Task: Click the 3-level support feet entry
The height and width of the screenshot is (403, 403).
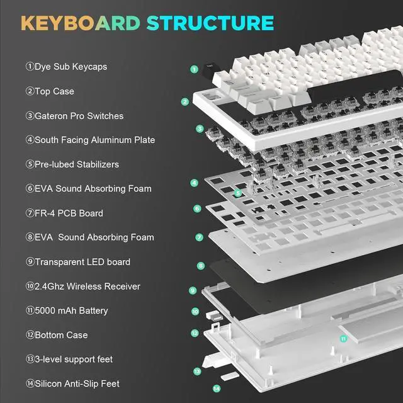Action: [x=69, y=360]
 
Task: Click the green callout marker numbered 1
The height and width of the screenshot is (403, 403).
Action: [x=194, y=69]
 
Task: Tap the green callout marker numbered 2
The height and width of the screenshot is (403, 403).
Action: [x=185, y=101]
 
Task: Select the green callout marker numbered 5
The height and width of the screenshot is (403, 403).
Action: [x=237, y=193]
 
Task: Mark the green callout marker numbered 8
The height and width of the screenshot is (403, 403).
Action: [x=201, y=266]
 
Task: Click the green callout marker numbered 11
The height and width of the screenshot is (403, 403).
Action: [x=343, y=338]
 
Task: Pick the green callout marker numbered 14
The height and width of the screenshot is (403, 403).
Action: [x=216, y=389]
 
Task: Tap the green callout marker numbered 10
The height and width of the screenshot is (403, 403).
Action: [x=195, y=312]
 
